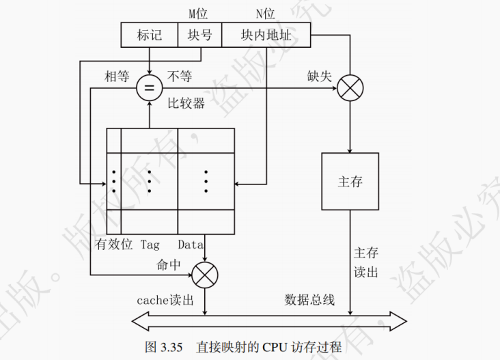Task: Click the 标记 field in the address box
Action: (149, 35)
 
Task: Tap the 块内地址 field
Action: (266, 35)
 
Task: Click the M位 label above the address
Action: (198, 14)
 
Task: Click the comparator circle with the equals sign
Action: (148, 88)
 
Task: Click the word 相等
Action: (117, 77)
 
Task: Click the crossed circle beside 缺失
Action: (350, 88)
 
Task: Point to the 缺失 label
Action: (319, 77)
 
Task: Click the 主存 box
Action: (350, 182)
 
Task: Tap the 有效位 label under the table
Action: (113, 244)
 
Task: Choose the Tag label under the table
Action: (150, 244)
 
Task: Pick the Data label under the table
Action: (191, 244)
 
